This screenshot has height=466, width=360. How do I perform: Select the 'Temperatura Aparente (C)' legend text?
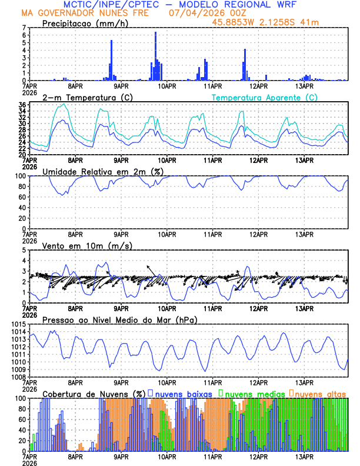(x=264, y=97)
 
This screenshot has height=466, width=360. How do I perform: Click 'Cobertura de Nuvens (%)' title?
(x=94, y=393)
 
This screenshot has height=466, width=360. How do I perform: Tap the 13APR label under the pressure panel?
(x=304, y=381)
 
